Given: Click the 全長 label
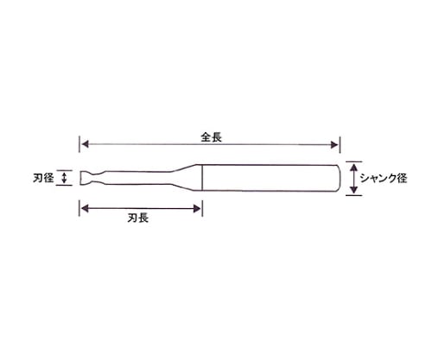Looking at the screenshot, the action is [x=212, y=137].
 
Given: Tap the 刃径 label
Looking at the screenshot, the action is [x=43, y=178].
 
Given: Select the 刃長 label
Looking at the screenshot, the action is [x=138, y=218].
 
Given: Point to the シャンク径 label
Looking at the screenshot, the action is [x=384, y=179].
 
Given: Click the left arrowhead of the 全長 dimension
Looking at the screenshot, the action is [x=85, y=144].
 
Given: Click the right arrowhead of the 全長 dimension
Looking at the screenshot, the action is [x=335, y=144].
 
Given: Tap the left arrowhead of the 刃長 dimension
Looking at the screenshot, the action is [x=85, y=208].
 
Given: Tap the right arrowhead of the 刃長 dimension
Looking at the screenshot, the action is [x=197, y=208].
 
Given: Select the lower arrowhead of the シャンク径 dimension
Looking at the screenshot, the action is [x=354, y=190].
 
